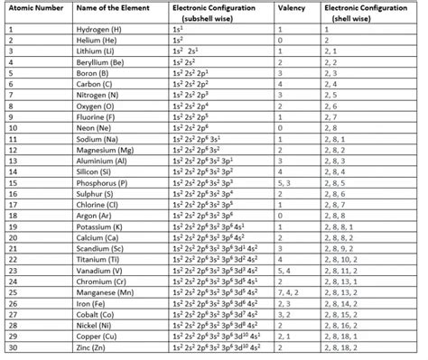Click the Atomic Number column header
34,7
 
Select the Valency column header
290,7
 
